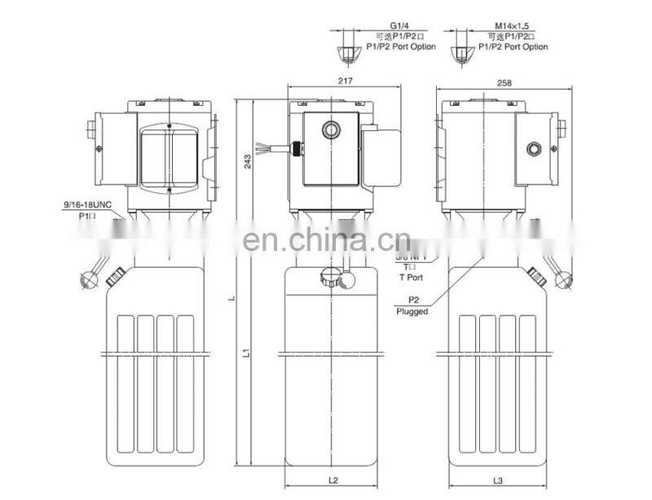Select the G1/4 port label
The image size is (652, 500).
click(399, 26)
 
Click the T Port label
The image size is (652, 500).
click(411, 276)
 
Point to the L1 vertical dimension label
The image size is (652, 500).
click(244, 353)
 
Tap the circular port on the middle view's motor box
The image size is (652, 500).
click(330, 128)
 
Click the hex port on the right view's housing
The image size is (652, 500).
click(534, 147)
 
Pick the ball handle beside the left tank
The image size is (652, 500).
click(87, 279)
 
